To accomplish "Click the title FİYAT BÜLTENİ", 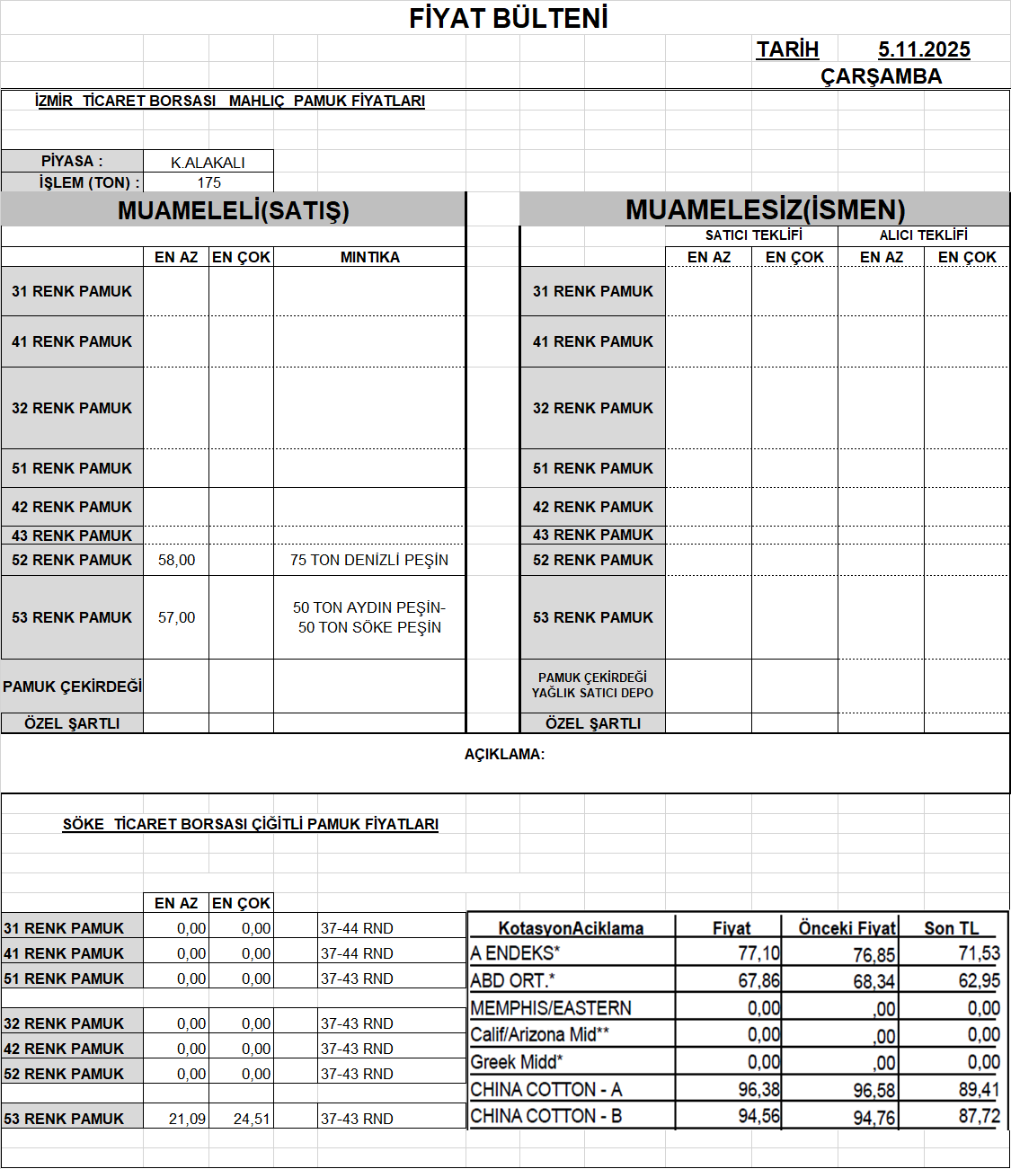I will pos(509,18).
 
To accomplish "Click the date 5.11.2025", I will pos(924,49).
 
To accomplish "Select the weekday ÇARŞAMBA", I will pos(881,76).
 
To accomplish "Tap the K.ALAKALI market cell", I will pos(208,163).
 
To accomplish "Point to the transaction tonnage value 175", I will pos(209,182).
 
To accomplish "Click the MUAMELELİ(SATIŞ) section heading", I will pos(234,210).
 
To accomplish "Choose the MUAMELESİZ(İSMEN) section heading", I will pos(765,210).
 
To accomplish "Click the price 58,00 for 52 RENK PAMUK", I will pos(176,560).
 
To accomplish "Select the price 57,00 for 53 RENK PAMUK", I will pos(176,617).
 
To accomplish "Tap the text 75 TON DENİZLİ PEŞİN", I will pos(369,560).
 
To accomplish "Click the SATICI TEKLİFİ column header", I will pos(753,235).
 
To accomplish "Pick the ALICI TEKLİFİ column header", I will pos(923,235).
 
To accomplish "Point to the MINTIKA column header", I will pos(369,257).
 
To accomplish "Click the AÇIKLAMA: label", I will pos(504,754).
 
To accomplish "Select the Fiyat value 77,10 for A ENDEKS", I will pos(758,953).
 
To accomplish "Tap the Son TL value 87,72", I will pos(979,1116).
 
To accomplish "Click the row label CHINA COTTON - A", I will pos(546,1089).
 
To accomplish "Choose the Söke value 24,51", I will pos(252,1119).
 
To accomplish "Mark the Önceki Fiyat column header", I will pos(847,928).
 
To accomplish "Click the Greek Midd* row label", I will pos(517,1062).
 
